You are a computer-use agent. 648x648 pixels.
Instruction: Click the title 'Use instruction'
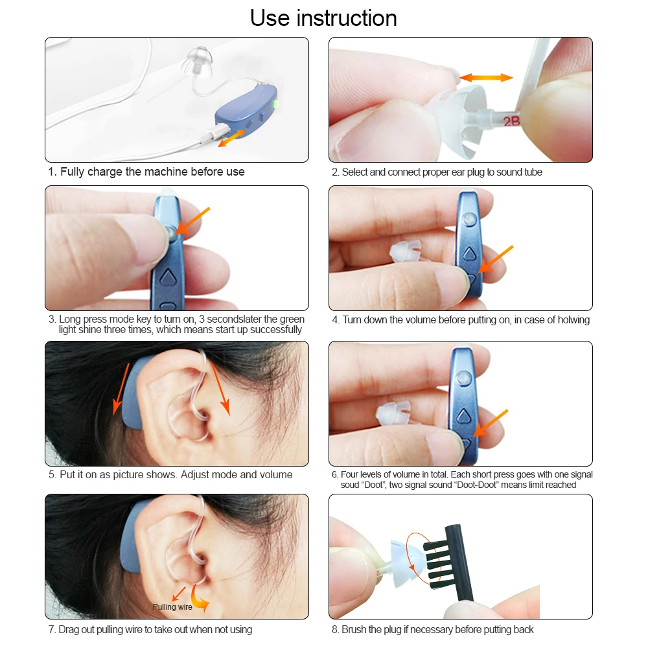tap(323, 18)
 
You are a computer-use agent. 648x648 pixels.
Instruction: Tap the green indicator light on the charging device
tap(275, 103)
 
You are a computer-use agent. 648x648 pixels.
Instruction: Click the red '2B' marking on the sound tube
tap(511, 121)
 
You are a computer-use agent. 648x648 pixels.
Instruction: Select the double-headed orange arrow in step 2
tap(486, 77)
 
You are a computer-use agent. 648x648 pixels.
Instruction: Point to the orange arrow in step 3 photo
tap(192, 221)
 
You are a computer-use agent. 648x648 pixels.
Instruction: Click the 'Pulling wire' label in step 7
tap(172, 607)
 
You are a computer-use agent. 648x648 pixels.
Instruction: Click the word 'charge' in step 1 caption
tap(105, 172)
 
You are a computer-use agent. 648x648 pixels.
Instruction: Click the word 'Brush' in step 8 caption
tap(353, 629)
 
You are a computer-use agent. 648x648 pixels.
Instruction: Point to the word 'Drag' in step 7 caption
tap(68, 629)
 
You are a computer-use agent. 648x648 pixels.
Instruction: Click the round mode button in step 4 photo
tap(469, 219)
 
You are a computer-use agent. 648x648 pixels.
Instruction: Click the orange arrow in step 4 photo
tap(496, 259)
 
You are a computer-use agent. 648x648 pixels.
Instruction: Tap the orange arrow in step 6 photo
tap(491, 422)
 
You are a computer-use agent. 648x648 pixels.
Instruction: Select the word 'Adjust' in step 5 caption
tap(196, 475)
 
